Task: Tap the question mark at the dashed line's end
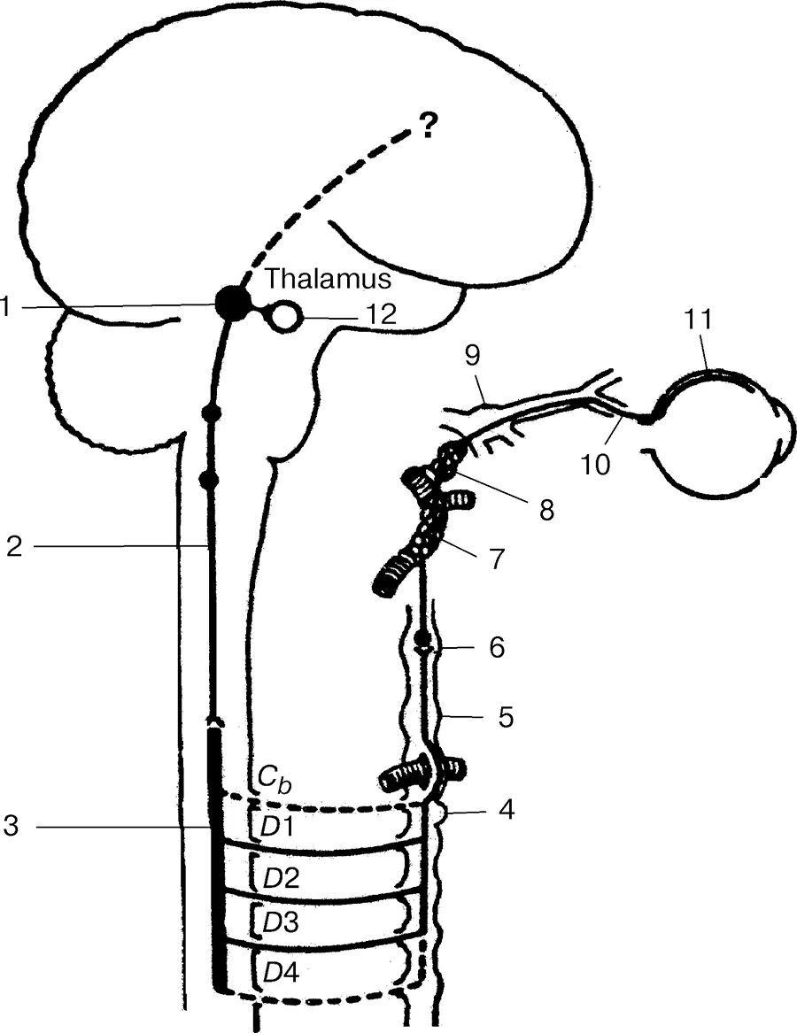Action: [428, 129]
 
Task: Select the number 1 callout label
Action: [6, 307]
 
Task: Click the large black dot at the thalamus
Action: [232, 304]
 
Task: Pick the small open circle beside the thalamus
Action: [286, 315]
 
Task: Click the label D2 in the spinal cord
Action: [282, 878]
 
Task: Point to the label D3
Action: [282, 921]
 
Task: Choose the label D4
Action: [282, 971]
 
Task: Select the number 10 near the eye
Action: [595, 463]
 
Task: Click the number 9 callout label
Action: [472, 356]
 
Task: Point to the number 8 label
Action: [546, 509]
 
